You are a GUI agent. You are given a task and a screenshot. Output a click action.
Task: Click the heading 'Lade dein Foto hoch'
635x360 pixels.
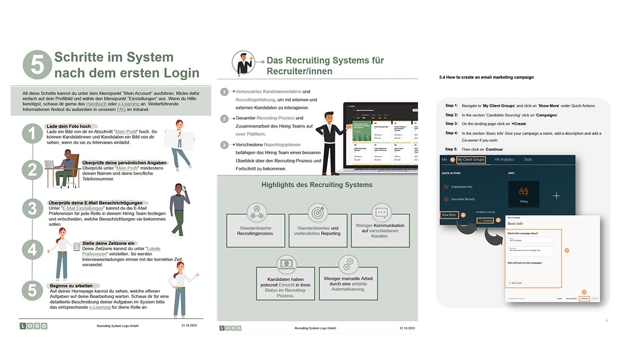[69, 127]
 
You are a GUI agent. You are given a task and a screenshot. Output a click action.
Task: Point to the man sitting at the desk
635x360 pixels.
[67, 164]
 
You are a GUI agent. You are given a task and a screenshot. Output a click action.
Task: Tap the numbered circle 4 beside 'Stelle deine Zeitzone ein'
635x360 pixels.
[32, 249]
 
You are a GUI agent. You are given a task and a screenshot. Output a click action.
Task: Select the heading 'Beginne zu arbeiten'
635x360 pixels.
[71, 285]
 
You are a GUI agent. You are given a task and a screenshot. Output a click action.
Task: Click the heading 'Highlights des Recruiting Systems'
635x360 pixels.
[317, 185]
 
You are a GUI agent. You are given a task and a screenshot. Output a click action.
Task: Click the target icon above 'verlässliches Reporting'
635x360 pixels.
[318, 213]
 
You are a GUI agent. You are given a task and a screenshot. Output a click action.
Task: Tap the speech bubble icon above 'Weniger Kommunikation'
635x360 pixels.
[380, 213]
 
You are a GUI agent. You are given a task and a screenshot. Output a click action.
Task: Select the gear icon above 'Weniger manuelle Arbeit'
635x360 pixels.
[348, 263]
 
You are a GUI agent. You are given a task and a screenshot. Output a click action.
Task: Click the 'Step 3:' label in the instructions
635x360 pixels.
[451, 124]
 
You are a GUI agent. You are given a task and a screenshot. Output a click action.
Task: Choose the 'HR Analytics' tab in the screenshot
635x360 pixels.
[504, 159]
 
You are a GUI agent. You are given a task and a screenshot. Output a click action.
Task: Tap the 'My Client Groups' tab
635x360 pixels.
[471, 159]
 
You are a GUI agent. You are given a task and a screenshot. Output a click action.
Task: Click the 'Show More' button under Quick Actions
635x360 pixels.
[449, 215]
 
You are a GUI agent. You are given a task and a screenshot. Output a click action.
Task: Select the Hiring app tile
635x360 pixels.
[523, 194]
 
